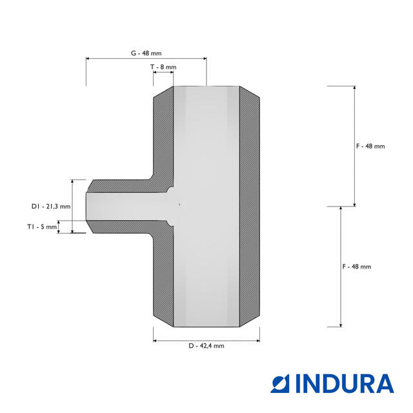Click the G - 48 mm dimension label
[146, 53]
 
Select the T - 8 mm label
[163, 67]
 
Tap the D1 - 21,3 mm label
[51, 206]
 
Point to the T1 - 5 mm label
[42, 227]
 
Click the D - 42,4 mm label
[206, 346]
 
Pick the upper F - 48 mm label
[370, 146]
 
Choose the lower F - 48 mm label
[357, 267]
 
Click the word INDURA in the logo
[345, 383]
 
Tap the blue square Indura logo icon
[280, 383]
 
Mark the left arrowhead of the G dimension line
[88, 59]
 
